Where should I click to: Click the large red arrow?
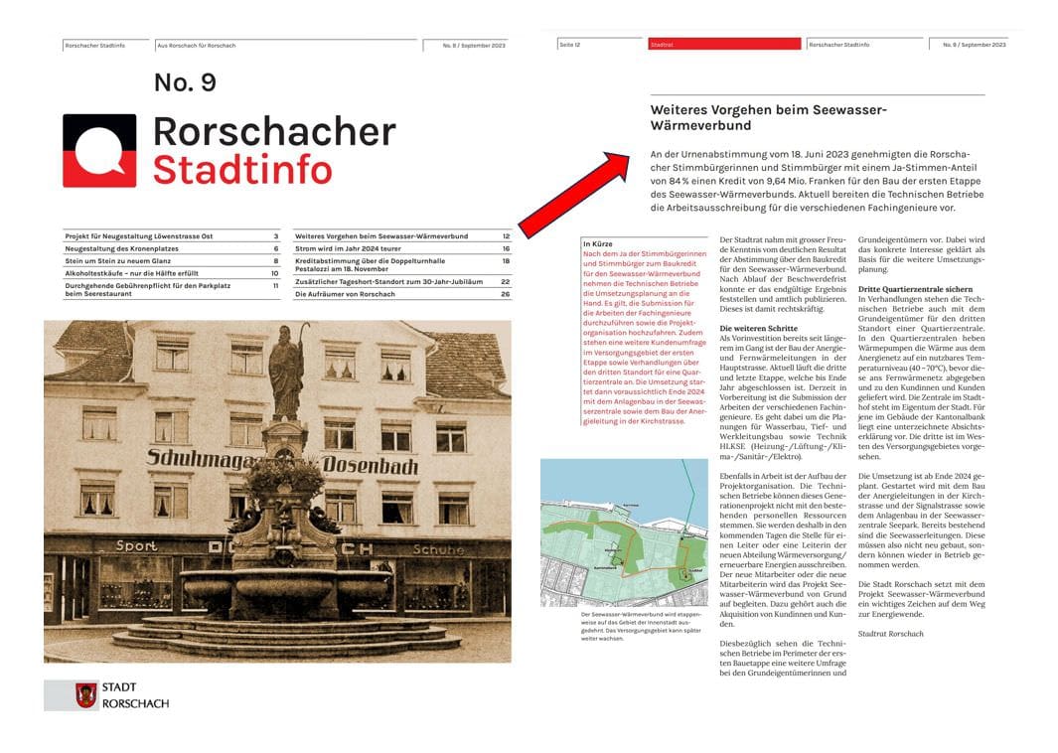574,194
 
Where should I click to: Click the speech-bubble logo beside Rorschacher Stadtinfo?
99,151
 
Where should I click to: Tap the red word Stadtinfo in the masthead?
242,169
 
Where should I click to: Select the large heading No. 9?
185,82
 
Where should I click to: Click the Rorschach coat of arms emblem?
86,694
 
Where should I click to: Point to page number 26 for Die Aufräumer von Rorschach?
505,295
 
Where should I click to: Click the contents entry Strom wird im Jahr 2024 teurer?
348,248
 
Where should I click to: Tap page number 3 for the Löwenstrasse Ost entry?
276,236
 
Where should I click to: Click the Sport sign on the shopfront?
136,545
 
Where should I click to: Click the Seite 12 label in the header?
570,45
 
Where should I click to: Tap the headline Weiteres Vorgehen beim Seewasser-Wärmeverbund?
768,117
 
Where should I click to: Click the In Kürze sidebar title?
597,243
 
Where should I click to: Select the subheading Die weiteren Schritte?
757,328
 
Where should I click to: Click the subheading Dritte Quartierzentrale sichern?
915,289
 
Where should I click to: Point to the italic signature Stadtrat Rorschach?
890,634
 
